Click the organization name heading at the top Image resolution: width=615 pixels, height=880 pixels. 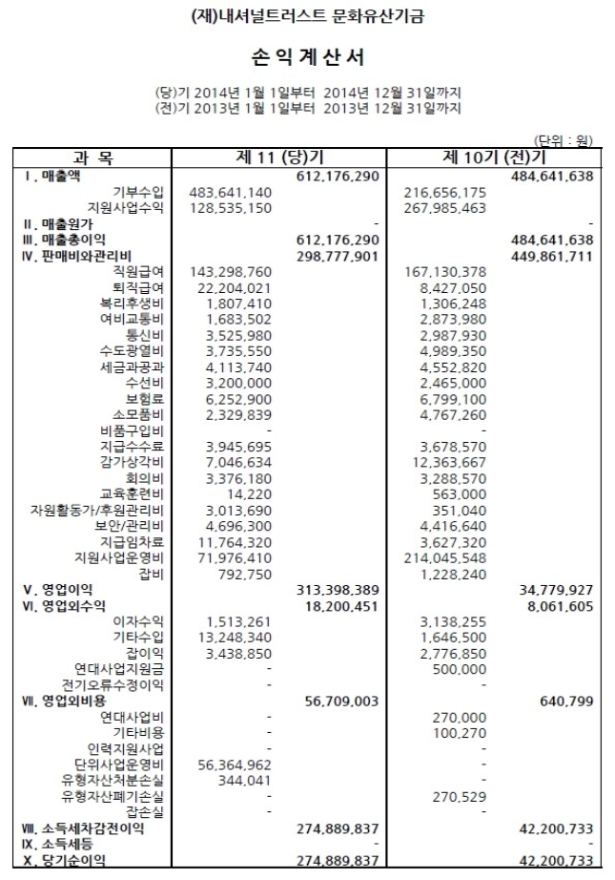[307, 16]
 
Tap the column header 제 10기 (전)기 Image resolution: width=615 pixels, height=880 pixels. [494, 157]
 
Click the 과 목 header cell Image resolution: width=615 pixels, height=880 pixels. [92, 157]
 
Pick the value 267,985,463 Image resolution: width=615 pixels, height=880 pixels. [445, 207]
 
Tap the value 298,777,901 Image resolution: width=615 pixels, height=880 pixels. [338, 257]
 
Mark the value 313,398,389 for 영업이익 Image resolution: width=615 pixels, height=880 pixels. [338, 589]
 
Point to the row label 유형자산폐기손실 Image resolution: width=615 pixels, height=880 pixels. [113, 796]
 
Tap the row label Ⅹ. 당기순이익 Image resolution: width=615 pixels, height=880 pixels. [59, 860]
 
